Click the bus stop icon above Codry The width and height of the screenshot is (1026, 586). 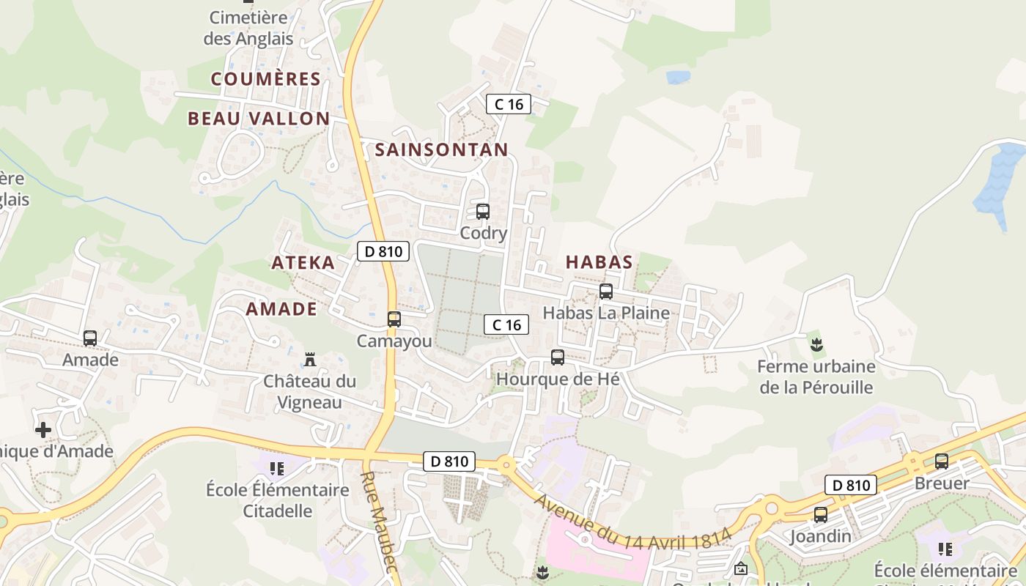(x=482, y=212)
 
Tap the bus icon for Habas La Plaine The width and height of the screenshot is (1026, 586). (x=605, y=292)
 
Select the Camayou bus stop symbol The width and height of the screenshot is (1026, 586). (x=394, y=319)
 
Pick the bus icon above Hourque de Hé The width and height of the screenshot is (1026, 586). (x=557, y=357)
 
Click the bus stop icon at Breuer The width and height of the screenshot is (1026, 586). (x=941, y=461)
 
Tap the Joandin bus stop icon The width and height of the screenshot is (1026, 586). (x=820, y=514)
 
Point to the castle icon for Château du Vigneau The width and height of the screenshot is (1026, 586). (x=310, y=360)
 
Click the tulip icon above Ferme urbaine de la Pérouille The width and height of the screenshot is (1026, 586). (x=816, y=344)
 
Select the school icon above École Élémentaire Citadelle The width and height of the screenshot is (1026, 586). (x=276, y=467)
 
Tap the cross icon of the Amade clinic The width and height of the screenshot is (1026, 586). (x=43, y=429)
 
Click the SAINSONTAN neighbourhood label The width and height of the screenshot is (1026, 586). (x=441, y=150)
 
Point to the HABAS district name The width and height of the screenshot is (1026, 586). (x=599, y=262)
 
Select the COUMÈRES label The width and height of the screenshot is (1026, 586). (x=266, y=79)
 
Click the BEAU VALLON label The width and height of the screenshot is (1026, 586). (x=259, y=119)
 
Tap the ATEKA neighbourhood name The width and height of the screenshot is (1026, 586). (x=303, y=262)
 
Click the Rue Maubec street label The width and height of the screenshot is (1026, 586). (x=380, y=527)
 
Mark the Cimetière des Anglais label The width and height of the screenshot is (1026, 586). (x=249, y=28)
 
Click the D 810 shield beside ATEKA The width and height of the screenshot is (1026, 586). (x=383, y=251)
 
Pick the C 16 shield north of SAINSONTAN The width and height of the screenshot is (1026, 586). (x=509, y=104)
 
